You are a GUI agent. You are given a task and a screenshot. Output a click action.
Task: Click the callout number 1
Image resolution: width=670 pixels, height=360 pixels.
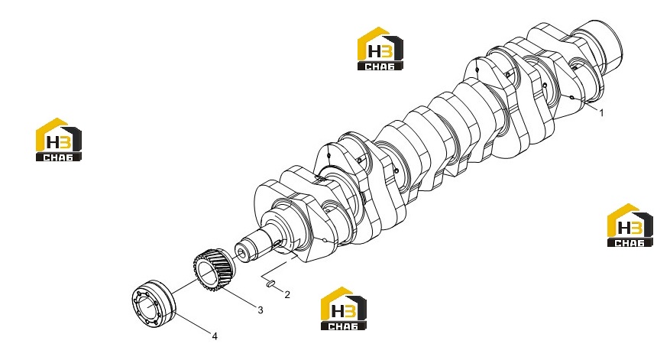pos(602,113)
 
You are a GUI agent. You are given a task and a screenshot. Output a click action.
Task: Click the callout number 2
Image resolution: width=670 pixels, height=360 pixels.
pos(287,294)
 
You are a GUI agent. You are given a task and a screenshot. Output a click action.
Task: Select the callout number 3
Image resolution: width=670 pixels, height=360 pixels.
pos(261,310)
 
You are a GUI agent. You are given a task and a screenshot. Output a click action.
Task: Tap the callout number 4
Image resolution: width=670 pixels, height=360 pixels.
pos(215,336)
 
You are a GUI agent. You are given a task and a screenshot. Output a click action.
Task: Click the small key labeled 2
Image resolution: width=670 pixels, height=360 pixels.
pos(270,283)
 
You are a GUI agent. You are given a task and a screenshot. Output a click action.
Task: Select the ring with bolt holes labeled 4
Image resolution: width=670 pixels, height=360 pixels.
pos(153,304)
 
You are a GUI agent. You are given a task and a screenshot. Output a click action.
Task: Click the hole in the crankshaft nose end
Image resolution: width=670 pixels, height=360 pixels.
pos(242,254)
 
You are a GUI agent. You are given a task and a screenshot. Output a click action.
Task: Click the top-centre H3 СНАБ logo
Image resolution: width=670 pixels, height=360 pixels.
pos(380,49)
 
